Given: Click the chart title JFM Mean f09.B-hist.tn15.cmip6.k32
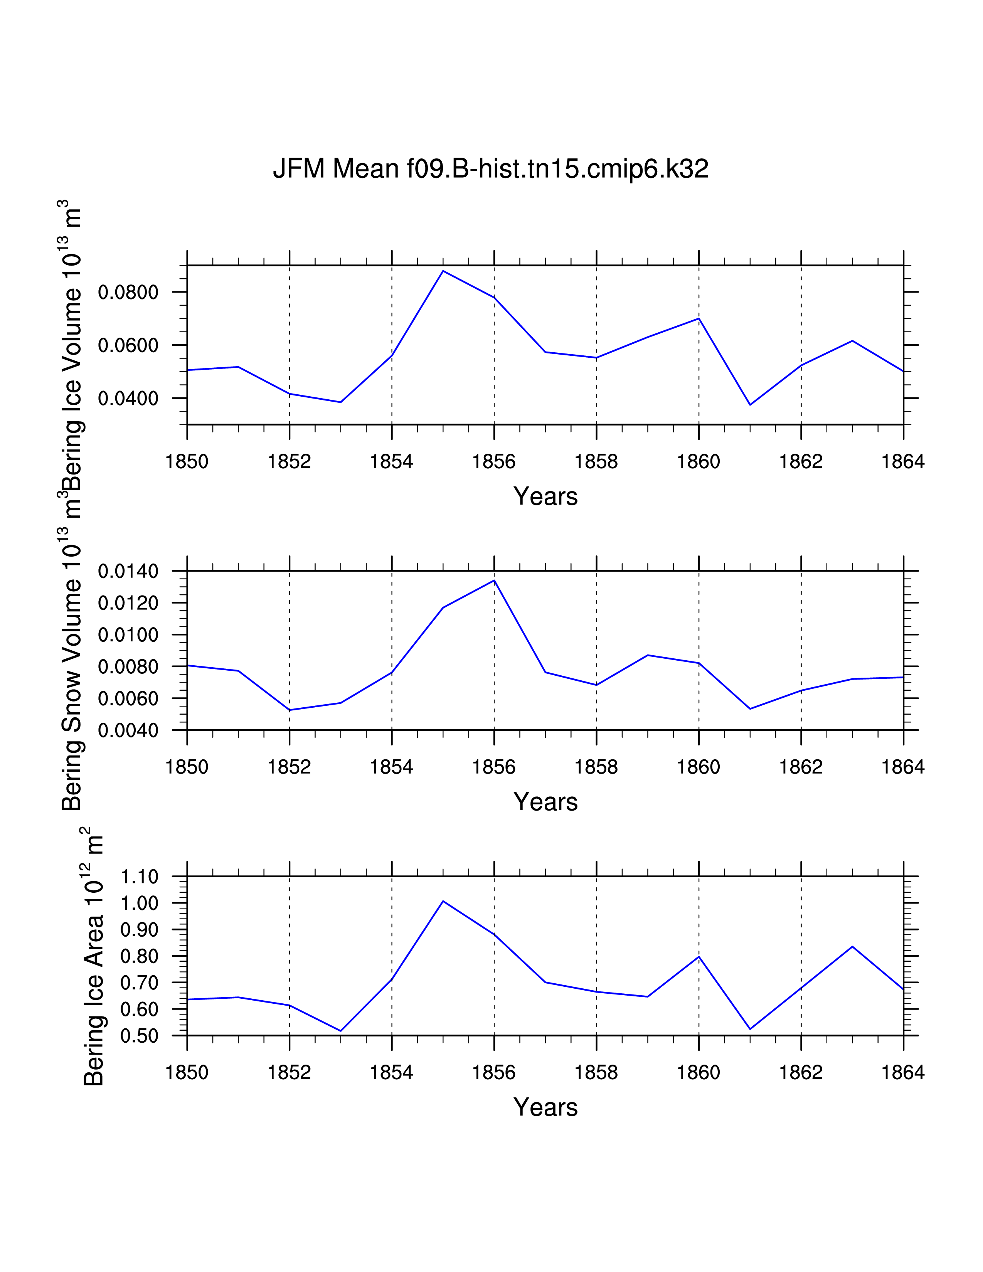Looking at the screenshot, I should pyautogui.click(x=490, y=169).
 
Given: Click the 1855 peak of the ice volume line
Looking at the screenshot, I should pyautogui.click(x=443, y=271).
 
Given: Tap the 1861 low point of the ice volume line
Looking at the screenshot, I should pyautogui.click(x=750, y=405).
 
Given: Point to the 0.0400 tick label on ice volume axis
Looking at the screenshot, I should pyautogui.click(x=128, y=399).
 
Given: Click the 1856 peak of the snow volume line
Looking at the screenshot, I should pyautogui.click(x=495, y=580).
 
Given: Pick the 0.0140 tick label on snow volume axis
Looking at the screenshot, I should pyautogui.click(x=128, y=571).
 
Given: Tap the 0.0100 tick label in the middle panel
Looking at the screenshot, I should pyautogui.click(x=128, y=635).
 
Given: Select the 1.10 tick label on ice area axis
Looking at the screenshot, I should pyautogui.click(x=139, y=877).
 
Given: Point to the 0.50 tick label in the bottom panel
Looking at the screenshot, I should pyautogui.click(x=139, y=1036).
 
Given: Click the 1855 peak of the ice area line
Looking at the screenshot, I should pyautogui.click(x=443, y=901).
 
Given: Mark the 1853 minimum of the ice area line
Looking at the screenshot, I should pyautogui.click(x=341, y=1031).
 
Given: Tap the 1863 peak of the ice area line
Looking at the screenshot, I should pyautogui.click(x=853, y=946).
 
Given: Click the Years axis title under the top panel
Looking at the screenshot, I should pyautogui.click(x=545, y=496).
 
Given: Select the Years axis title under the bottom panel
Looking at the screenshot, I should pyautogui.click(x=545, y=1107).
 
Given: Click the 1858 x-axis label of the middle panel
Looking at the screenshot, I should pyautogui.click(x=596, y=767).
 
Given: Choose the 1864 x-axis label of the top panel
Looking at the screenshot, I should pyautogui.click(x=903, y=462).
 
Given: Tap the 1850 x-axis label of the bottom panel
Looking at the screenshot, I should pyautogui.click(x=187, y=1072).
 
